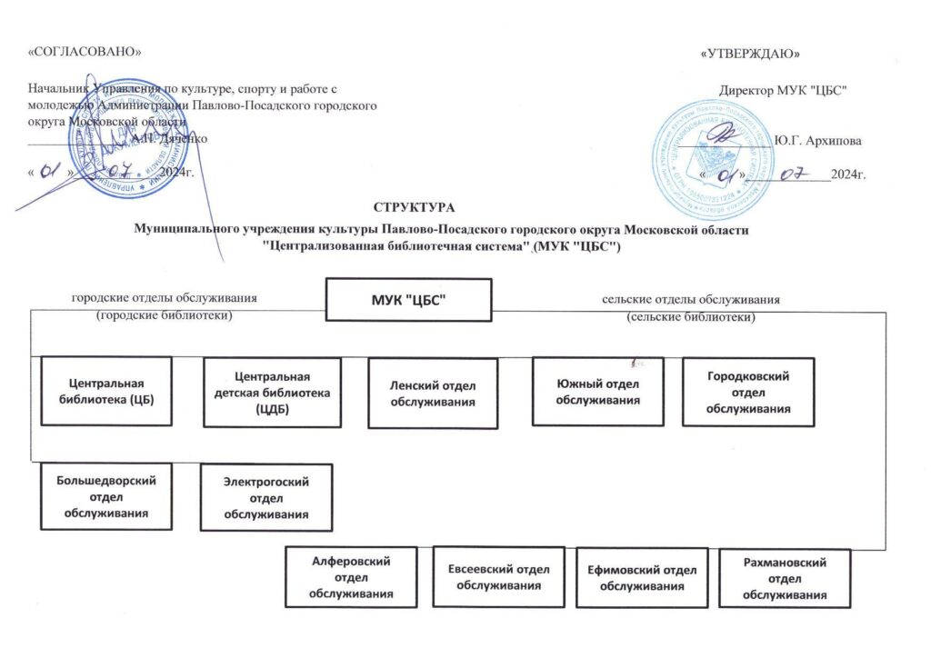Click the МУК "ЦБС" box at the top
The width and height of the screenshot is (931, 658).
click(408, 299)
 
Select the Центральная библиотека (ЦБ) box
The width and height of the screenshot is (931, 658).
click(108, 392)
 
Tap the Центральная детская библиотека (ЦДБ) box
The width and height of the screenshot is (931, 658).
click(273, 392)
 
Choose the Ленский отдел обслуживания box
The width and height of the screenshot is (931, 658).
click(435, 394)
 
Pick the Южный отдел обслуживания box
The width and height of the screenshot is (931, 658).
click(597, 391)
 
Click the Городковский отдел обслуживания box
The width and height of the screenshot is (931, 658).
click(747, 392)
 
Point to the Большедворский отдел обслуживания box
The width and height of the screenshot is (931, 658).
click(107, 496)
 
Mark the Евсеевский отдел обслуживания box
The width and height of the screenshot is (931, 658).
click(499, 576)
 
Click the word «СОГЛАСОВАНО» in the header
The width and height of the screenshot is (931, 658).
click(85, 52)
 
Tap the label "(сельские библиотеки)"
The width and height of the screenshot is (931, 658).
click(692, 316)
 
